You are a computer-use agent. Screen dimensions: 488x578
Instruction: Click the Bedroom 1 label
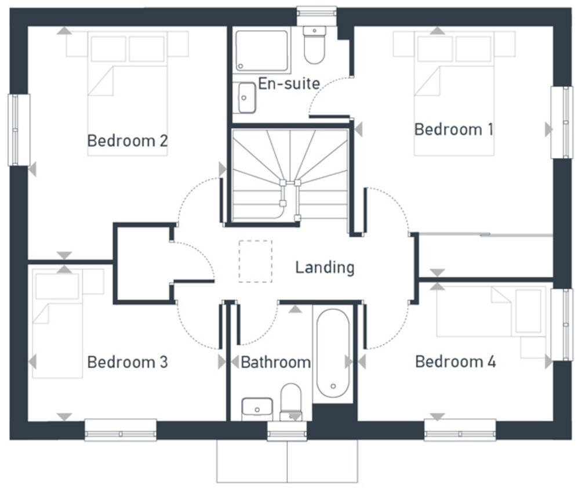453,129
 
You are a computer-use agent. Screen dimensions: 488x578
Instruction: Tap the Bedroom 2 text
128,140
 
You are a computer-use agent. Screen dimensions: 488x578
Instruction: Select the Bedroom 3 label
128,362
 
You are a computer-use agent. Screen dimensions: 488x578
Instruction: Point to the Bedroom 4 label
455,362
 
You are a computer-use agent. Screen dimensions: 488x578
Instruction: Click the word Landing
324,268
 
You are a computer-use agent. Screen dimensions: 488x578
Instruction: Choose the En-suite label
288,84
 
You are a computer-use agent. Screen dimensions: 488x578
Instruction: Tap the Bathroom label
275,363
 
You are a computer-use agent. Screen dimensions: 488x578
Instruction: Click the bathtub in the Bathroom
333,354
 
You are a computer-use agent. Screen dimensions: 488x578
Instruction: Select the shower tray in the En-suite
261,50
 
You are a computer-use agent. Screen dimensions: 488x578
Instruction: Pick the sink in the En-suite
246,97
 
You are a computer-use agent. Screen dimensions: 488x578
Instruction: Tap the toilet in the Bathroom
290,400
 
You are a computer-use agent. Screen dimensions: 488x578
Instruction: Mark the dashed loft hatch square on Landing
255,261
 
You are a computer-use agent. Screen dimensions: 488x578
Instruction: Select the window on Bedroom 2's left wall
19,129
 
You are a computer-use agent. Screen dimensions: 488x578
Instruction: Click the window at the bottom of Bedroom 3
120,429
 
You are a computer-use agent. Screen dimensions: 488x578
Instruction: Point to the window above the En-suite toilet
316,13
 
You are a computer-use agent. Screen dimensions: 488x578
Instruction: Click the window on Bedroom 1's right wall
561,122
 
